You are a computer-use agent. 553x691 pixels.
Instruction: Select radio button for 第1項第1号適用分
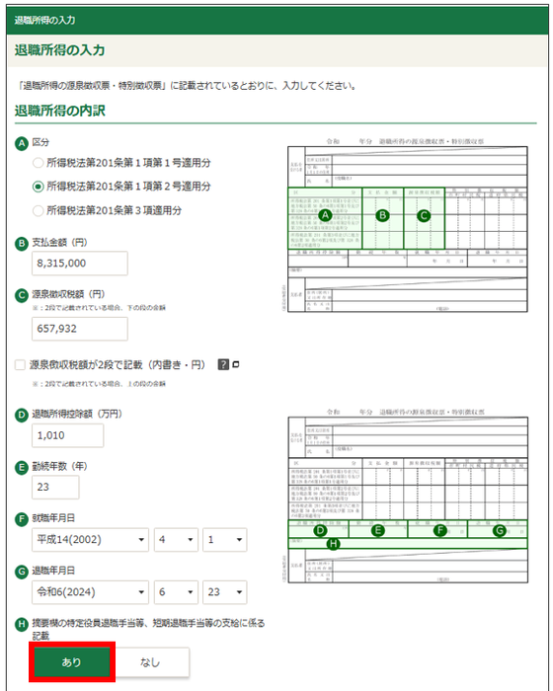pos(39,161)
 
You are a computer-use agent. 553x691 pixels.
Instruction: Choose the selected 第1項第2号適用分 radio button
pos(39,186)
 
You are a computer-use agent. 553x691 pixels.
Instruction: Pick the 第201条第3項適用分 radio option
pos(39,210)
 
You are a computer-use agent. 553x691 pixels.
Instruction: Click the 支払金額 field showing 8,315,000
pos(80,264)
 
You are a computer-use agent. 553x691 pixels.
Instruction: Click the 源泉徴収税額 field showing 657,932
pos(80,327)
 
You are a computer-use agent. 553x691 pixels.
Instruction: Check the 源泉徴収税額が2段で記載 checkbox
pos(21,365)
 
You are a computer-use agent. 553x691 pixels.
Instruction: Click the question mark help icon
pos(223,365)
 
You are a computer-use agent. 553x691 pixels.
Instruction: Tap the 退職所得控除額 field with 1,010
pos(67,434)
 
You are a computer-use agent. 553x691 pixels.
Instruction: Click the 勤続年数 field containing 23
pos(55,488)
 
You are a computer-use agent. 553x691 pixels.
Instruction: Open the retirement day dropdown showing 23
pos(225,594)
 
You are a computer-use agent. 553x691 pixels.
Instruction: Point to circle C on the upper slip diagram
pos(425,214)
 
